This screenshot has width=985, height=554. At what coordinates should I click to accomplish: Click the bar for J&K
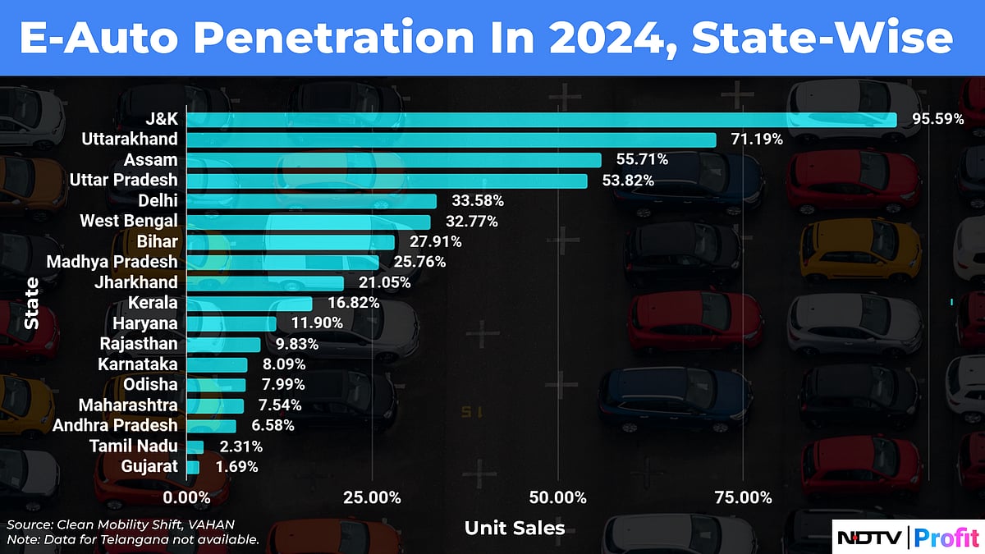[542, 119]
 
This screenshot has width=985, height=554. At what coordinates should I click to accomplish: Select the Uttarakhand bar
[451, 140]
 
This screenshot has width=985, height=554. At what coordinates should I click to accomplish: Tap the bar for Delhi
[312, 201]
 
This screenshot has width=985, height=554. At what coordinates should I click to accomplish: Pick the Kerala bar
[250, 304]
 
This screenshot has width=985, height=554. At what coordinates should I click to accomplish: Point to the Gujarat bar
[194, 467]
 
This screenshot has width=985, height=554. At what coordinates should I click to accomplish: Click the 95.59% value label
[937, 119]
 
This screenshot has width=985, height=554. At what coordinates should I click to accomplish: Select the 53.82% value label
[628, 181]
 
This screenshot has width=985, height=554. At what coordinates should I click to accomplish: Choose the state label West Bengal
[129, 221]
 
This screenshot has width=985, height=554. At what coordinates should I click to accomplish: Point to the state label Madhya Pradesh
[112, 262]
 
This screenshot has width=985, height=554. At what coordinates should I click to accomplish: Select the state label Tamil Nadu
[137, 446]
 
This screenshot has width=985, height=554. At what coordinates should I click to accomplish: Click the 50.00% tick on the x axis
[558, 497]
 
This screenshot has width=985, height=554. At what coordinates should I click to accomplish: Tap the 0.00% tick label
[187, 497]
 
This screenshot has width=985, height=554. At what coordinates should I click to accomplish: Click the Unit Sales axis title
[515, 528]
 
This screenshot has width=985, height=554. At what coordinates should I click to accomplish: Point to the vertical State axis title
[31, 304]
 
